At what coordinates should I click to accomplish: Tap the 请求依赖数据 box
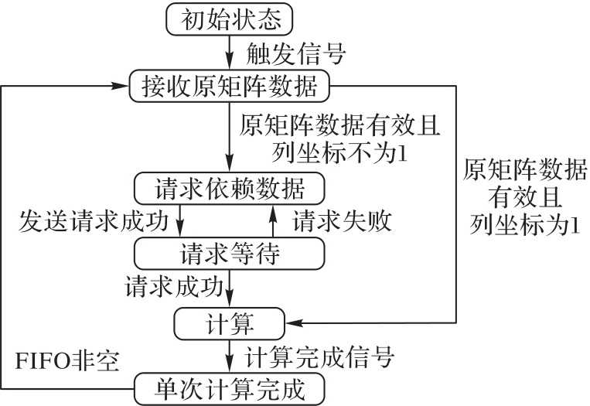click(x=230, y=188)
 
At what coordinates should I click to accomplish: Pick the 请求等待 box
click(x=230, y=251)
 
